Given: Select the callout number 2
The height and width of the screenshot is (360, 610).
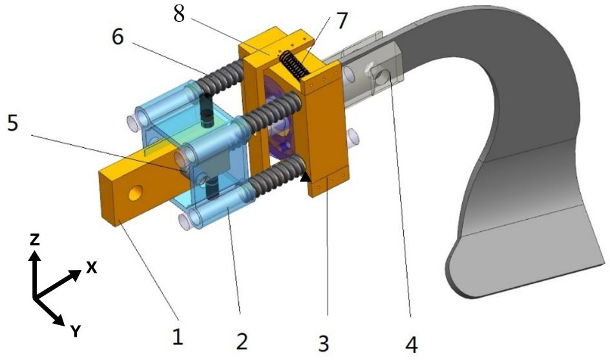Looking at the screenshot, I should tap(241, 341).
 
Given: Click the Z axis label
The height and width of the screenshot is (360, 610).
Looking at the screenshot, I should tap(35, 239).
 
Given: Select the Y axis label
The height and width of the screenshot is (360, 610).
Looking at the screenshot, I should tap(75, 332).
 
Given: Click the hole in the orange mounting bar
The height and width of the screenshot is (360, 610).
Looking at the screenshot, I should tap(135, 193).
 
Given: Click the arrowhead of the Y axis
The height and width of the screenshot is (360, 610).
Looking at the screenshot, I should tap(60, 319).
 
